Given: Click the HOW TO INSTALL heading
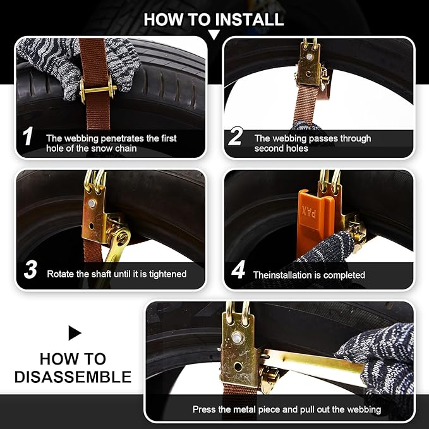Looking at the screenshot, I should pyautogui.click(x=214, y=19).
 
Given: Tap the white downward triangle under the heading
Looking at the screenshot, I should pyautogui.click(x=214, y=34).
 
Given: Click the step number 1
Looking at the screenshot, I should pyautogui.click(x=28, y=137).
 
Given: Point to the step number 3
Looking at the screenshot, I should pyautogui.click(x=30, y=270).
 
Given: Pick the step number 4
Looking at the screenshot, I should pyautogui.click(x=238, y=271).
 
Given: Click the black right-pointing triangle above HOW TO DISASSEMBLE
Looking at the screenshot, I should pyautogui.click(x=75, y=333).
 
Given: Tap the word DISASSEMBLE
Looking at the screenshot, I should pyautogui.click(x=73, y=378).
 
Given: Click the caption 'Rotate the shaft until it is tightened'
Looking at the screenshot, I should pyautogui.click(x=117, y=274).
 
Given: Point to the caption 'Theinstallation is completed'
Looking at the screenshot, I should pyautogui.click(x=309, y=275).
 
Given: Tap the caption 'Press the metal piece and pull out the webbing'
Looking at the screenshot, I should pyautogui.click(x=287, y=409).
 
